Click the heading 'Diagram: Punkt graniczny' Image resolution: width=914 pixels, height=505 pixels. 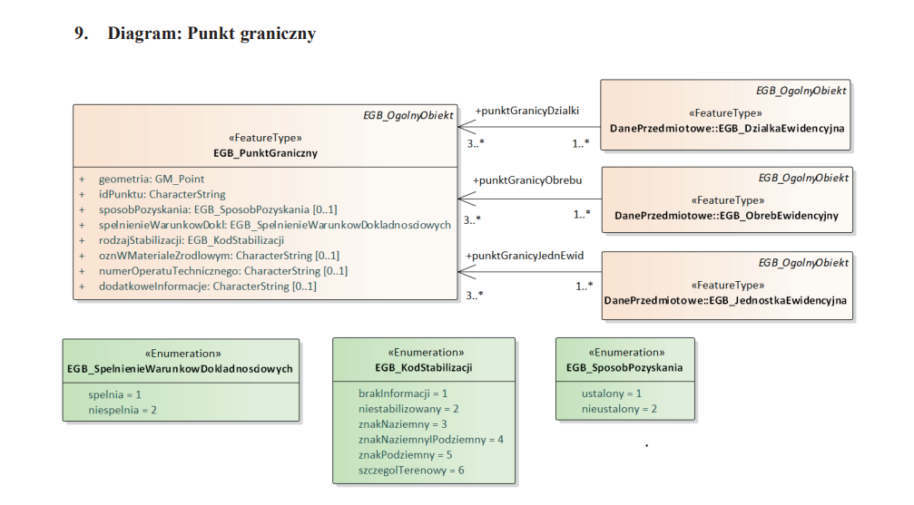[x=211, y=34]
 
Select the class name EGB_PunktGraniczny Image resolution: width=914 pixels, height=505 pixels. [x=265, y=153]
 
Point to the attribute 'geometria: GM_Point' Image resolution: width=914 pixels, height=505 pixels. [x=152, y=180]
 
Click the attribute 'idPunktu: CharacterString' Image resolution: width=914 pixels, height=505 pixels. [x=162, y=194]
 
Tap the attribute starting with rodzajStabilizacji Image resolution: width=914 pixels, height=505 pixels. [x=192, y=240]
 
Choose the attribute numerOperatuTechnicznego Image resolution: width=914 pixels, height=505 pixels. [x=222, y=271]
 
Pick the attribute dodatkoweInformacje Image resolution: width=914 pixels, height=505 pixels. [x=207, y=286]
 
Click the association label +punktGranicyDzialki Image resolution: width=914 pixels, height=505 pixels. [x=527, y=111]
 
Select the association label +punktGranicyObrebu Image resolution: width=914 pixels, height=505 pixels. [x=527, y=180]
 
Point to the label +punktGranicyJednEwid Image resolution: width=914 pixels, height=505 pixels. [x=525, y=257]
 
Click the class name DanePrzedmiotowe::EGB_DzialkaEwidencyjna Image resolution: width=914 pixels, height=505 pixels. [x=727, y=129]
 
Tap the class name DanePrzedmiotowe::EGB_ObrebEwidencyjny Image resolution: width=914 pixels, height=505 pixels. [x=726, y=216]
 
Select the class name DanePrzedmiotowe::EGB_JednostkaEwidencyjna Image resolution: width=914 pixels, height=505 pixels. [x=726, y=300]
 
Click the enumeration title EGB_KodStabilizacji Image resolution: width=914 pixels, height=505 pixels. [x=423, y=367]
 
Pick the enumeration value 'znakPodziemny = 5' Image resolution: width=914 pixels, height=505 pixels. [x=405, y=454]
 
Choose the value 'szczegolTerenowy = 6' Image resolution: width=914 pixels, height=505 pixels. [x=411, y=470]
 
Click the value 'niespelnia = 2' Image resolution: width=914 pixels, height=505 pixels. [x=123, y=410]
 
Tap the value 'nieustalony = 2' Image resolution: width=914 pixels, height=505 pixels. [x=619, y=409]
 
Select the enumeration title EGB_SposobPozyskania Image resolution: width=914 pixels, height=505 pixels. [x=624, y=367]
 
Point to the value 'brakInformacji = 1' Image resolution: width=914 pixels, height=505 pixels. [x=403, y=393]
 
